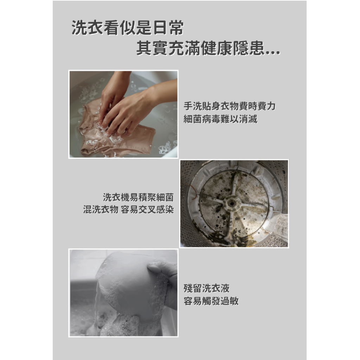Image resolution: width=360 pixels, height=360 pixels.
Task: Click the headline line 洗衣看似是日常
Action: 128,27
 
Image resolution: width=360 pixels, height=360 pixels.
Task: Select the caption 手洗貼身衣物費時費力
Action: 229,106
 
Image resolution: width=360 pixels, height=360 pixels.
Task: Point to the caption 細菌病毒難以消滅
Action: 220,119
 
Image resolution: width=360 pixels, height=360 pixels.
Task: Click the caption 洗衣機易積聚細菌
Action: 138,197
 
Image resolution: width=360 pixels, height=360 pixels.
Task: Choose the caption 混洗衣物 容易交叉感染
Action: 129,210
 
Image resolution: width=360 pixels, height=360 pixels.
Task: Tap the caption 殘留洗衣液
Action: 206,288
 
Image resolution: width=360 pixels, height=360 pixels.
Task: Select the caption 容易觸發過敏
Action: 211,301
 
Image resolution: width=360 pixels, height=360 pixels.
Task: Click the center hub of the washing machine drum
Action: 232,203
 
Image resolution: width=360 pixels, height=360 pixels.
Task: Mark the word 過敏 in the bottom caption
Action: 230,301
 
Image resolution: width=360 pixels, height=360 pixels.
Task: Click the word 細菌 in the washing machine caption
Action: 165,197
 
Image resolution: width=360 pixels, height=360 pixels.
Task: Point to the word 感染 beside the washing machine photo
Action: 165,210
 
